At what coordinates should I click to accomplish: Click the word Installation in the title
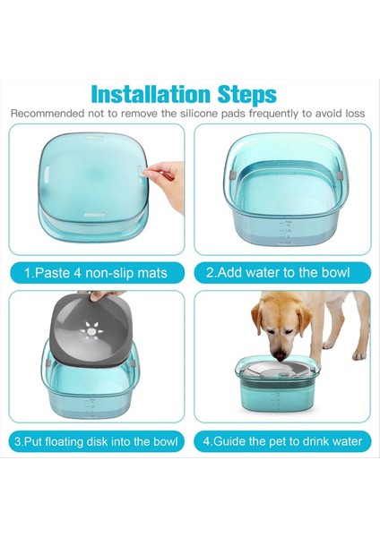[151, 94]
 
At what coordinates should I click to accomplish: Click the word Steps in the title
[247, 95]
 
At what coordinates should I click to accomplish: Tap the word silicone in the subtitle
[199, 114]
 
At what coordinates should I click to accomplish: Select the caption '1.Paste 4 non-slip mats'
[96, 273]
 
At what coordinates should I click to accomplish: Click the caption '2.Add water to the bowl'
[278, 273]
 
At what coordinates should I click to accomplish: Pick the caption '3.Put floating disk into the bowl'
[96, 441]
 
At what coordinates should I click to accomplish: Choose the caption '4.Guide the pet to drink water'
[282, 441]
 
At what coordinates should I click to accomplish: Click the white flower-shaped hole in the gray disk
[91, 331]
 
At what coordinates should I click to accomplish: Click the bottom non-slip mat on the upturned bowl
[94, 215]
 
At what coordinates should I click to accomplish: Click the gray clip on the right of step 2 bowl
[340, 175]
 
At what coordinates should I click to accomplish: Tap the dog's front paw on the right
[359, 354]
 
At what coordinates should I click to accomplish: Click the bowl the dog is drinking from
[278, 384]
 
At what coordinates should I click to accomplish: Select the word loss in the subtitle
[355, 114]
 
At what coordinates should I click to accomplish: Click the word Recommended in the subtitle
[47, 114]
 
